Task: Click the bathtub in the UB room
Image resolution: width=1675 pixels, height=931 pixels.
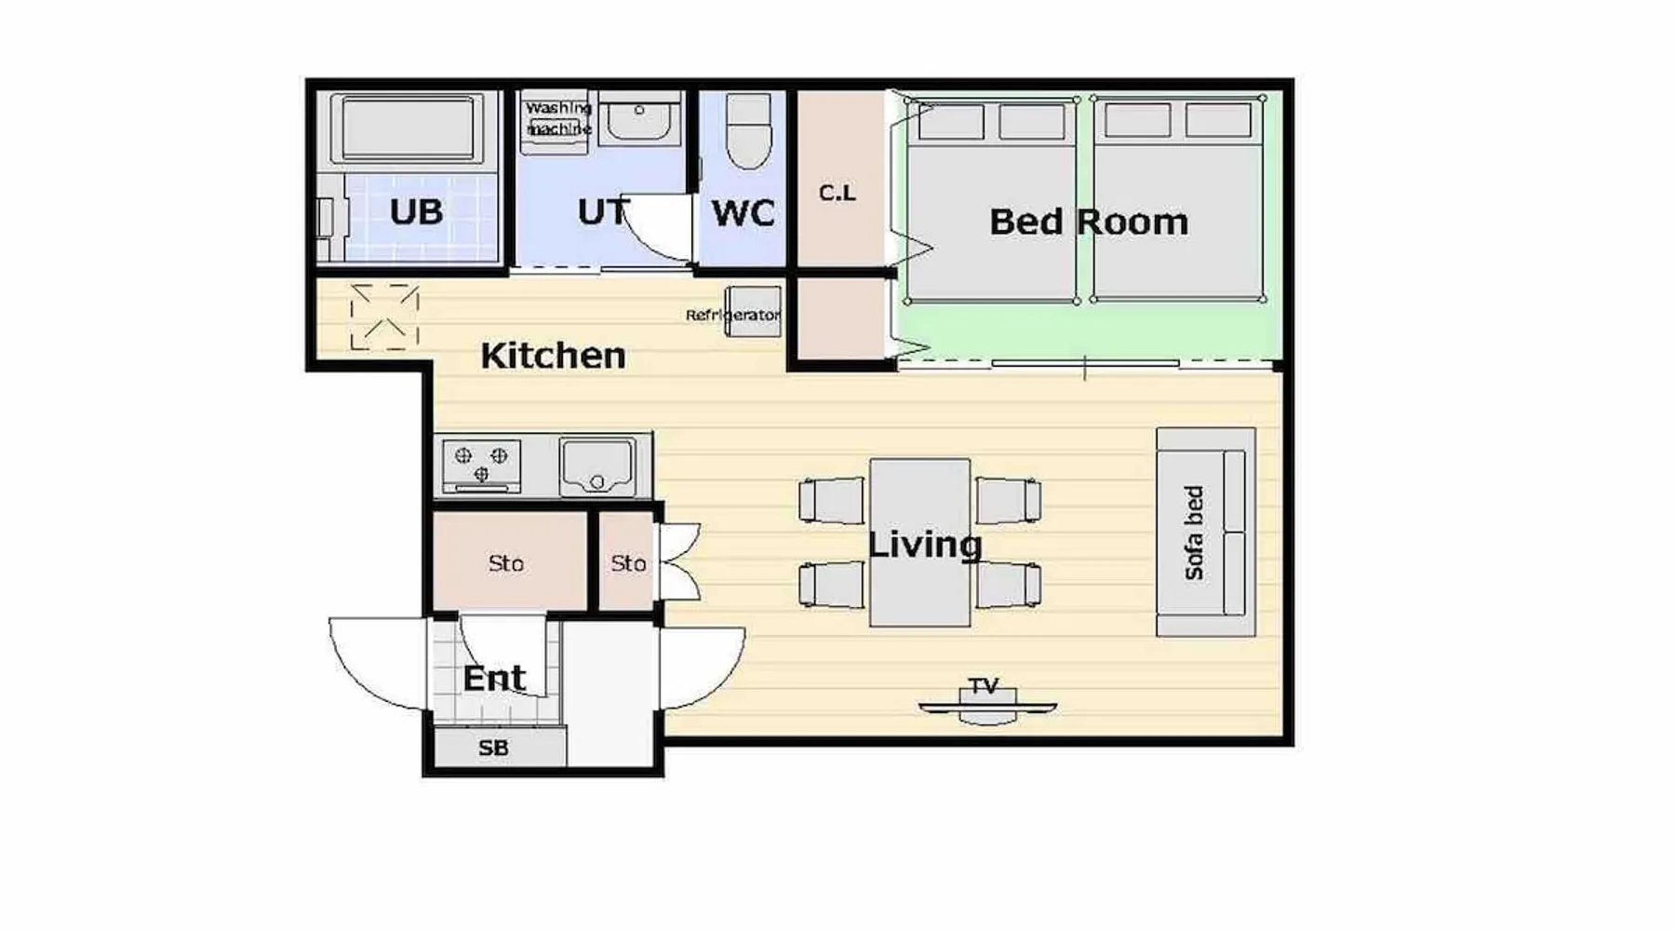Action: pyautogui.click(x=409, y=128)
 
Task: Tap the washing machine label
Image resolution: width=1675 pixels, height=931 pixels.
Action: pyautogui.click(x=558, y=119)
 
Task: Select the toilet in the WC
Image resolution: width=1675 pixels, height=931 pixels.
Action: pyautogui.click(x=748, y=130)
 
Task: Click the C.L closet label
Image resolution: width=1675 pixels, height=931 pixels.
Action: pyautogui.click(x=837, y=194)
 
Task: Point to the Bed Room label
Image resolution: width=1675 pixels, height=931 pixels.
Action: pyautogui.click(x=1089, y=223)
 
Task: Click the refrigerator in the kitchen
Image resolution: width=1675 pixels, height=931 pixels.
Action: pyautogui.click(x=753, y=311)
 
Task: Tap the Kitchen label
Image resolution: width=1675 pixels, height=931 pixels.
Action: pyautogui.click(x=553, y=356)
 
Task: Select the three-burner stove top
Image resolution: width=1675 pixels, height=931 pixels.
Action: pyautogui.click(x=481, y=465)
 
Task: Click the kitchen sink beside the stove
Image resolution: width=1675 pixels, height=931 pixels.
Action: pyautogui.click(x=597, y=467)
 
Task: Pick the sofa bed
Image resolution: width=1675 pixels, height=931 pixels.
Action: pyautogui.click(x=1206, y=533)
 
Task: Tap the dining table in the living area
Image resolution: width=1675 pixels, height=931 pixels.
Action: pyautogui.click(x=920, y=543)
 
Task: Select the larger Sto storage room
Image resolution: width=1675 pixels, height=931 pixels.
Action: pyautogui.click(x=509, y=561)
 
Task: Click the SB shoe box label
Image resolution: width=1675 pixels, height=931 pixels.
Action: pyautogui.click(x=493, y=748)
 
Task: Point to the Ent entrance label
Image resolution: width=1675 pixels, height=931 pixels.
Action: pyautogui.click(x=494, y=679)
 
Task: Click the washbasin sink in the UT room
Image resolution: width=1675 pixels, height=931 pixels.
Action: pyautogui.click(x=639, y=118)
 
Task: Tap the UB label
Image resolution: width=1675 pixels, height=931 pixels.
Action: pyautogui.click(x=416, y=212)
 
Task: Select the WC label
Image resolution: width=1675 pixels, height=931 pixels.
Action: pyautogui.click(x=743, y=213)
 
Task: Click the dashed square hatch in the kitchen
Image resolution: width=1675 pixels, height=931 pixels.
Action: pyautogui.click(x=384, y=317)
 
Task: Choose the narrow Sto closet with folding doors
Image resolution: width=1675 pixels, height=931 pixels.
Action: pyautogui.click(x=627, y=561)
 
